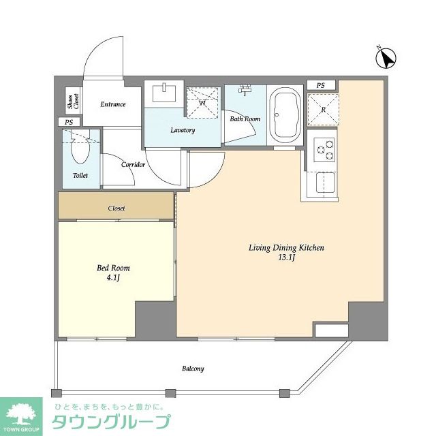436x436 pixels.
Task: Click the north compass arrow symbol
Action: click(x=388, y=59)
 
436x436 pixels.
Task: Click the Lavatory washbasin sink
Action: click(x=164, y=93)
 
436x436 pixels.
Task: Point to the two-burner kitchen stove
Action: click(x=325, y=150)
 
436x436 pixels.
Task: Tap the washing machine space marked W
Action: click(x=202, y=103)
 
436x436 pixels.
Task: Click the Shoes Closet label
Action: click(x=72, y=103)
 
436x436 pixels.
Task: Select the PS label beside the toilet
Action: click(x=69, y=122)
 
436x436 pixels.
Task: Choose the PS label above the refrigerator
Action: click(x=321, y=85)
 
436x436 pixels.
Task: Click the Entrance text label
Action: click(x=113, y=104)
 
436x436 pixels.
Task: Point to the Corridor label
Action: click(x=133, y=164)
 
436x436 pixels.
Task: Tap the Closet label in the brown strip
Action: click(x=116, y=208)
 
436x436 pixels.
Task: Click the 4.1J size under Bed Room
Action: click(x=112, y=278)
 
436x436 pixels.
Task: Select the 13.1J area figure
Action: click(x=285, y=258)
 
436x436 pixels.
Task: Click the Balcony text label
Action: click(x=193, y=369)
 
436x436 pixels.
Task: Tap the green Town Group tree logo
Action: click(x=22, y=414)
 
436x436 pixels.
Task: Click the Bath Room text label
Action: click(x=245, y=119)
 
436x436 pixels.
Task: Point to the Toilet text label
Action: click(x=80, y=175)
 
